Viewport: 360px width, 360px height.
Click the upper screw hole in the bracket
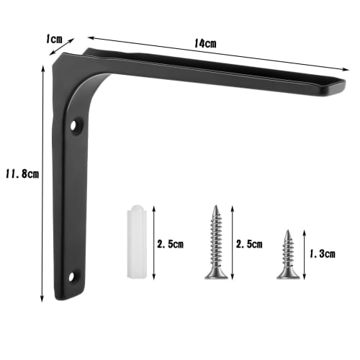(74, 127)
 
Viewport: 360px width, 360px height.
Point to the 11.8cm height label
(21, 174)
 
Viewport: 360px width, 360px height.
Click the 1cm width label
(55, 39)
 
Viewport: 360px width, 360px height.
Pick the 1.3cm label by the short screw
(323, 254)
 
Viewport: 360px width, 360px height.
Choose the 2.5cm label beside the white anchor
(170, 244)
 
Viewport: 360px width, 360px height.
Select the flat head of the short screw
(287, 275)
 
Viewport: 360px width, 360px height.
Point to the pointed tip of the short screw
(287, 231)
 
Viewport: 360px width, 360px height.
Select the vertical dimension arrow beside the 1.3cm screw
(305, 254)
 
